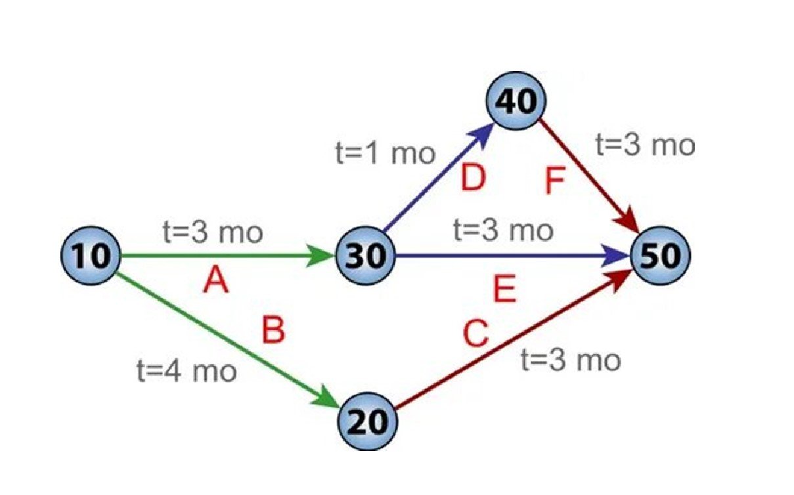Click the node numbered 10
point(91,255)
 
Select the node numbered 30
point(365,255)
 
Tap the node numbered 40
point(516,100)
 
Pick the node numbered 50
point(660,255)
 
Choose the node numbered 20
point(368,421)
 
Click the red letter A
point(216,280)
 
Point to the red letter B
point(273,330)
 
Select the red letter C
point(475,334)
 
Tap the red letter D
point(474,178)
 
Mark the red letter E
point(505,289)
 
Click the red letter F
point(555,181)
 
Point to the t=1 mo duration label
point(386,154)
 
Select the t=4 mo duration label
point(187,371)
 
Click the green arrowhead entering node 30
point(320,255)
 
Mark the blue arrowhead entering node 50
point(616,255)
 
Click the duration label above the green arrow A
point(213,232)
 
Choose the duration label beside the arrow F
point(645,145)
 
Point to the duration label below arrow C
point(571,360)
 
